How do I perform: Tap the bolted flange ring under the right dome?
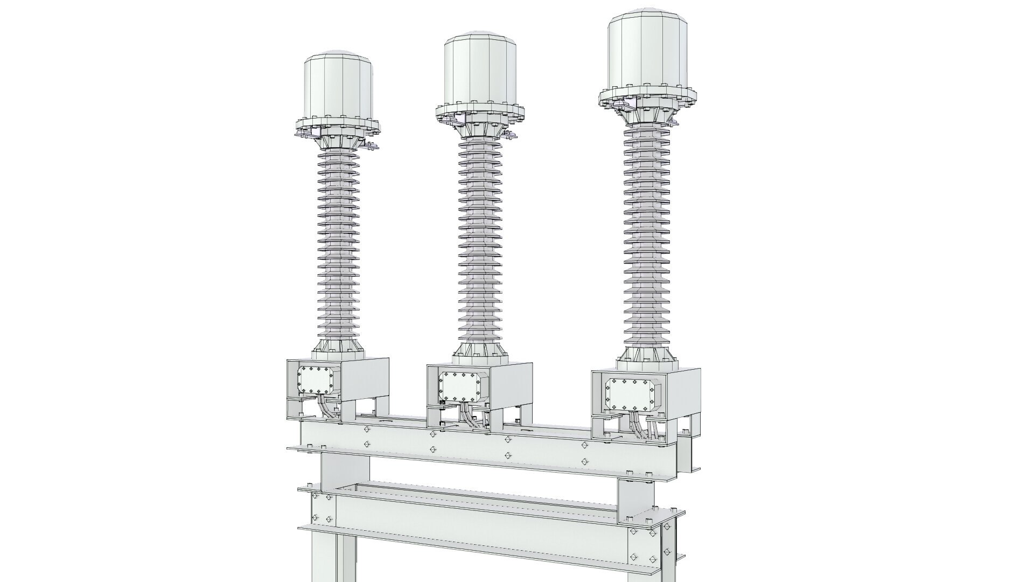[648, 97]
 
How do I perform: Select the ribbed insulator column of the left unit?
[338, 242]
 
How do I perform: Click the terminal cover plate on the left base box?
[317, 380]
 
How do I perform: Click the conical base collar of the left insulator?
[338, 349]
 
